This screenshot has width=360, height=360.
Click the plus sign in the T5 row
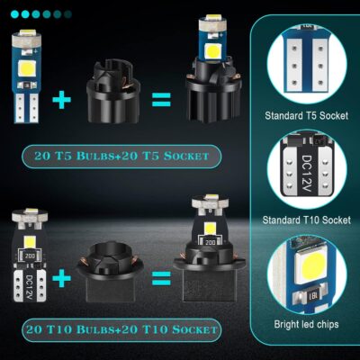click(62, 101)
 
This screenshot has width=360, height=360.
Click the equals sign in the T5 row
click(162, 99)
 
